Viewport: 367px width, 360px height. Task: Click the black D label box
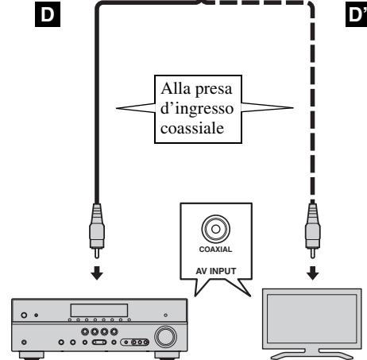48,14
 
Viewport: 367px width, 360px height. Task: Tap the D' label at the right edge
356,14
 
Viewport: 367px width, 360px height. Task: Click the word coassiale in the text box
192,128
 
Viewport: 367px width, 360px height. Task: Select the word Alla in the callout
176,88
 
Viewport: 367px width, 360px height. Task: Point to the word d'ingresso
197,109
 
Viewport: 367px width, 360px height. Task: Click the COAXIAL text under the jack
215,250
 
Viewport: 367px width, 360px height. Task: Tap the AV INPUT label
216,271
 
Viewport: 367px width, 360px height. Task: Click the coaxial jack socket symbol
216,229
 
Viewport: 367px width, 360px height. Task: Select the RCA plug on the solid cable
97,230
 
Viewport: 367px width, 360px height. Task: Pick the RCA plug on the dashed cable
313,230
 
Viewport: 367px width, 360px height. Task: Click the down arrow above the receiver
97,273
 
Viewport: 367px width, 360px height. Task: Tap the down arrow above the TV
313,273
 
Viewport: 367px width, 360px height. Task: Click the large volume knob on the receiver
166,337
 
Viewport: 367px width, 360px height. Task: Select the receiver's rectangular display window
99,310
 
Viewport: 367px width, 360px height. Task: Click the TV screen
312,319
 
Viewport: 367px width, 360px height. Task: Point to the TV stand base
312,354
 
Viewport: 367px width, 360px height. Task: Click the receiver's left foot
32,355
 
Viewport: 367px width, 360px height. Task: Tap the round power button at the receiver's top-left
24,315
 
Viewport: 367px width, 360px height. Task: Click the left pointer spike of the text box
136,108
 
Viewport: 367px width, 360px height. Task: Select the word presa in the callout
214,90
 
